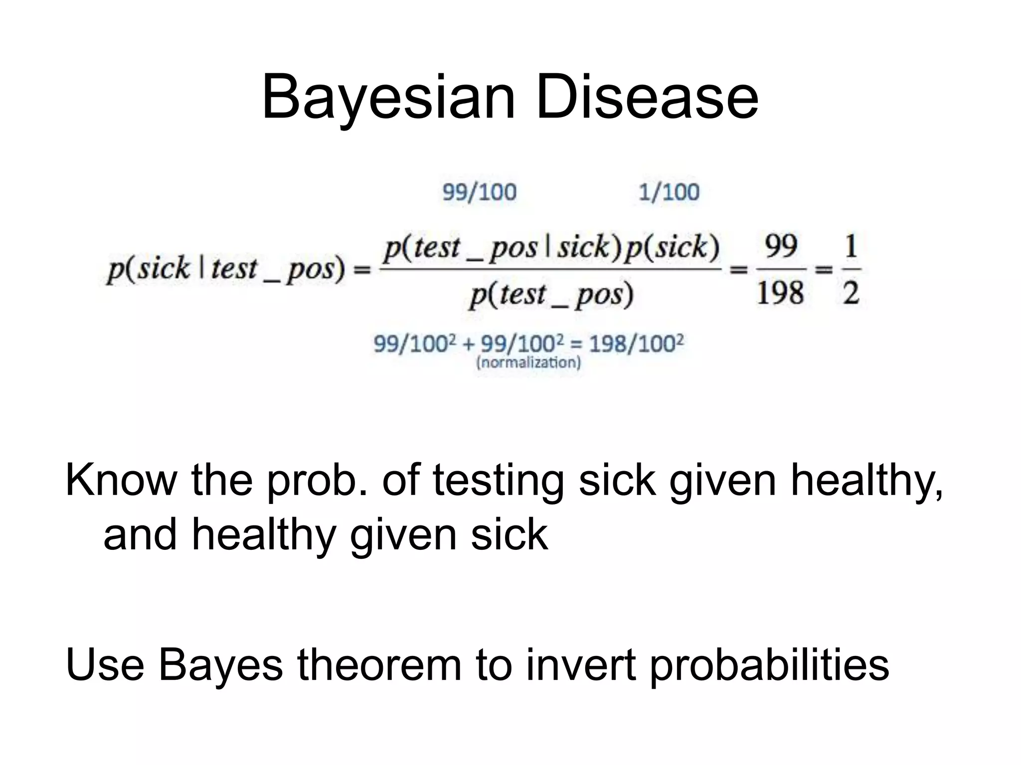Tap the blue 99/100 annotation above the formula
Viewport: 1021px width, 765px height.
pos(479,192)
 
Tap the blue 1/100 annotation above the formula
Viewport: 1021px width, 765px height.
pos(669,192)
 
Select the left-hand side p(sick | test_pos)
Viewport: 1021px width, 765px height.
pos(226,269)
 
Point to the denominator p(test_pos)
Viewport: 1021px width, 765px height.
pos(550,295)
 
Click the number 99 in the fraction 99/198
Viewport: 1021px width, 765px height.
pos(781,246)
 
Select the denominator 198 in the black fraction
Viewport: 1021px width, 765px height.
pos(780,293)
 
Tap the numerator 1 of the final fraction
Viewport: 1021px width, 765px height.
pos(851,246)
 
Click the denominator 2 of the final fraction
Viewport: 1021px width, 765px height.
pos(851,293)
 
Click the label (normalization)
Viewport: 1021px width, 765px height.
pos(529,362)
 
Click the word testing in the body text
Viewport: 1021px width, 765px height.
pos(498,481)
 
